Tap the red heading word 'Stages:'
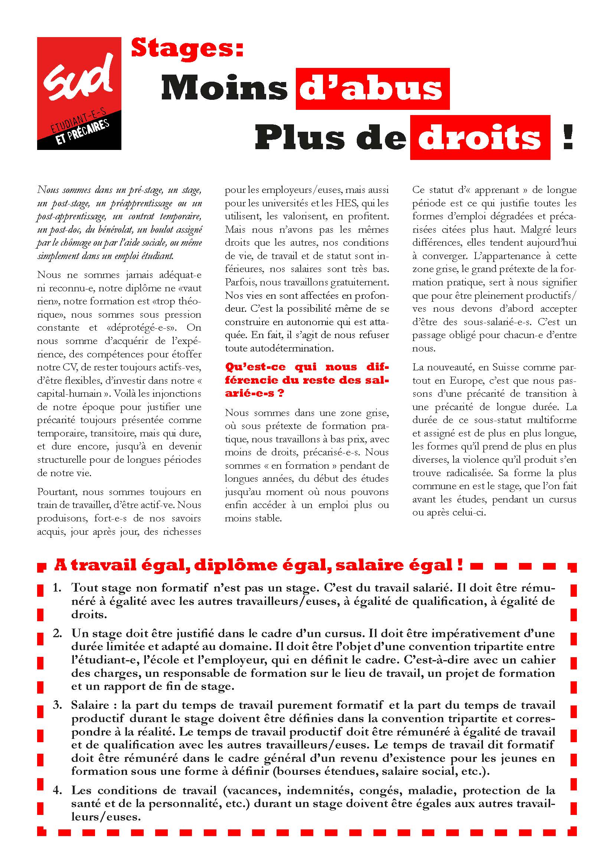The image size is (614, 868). [x=187, y=49]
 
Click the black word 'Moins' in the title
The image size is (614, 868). [x=224, y=89]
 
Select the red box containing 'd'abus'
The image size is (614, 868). [x=372, y=89]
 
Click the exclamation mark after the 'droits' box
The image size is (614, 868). [x=568, y=138]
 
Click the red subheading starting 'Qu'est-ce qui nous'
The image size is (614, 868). [x=307, y=380]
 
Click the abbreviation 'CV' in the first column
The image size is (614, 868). [x=55, y=367]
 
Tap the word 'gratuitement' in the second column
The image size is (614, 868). [x=360, y=282]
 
